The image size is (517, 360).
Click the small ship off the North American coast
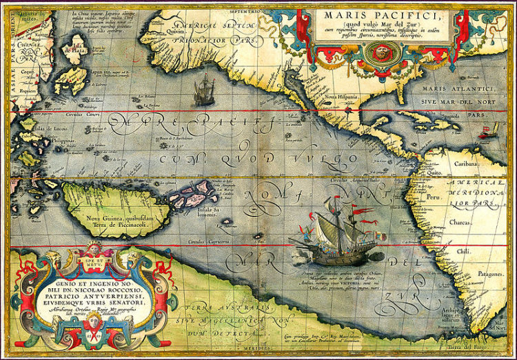point(204,90)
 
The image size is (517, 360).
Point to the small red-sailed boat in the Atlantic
point(492,129)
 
